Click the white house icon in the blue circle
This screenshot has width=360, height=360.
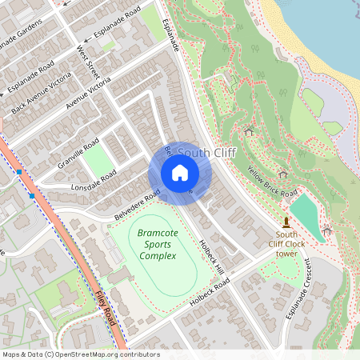click(180, 172)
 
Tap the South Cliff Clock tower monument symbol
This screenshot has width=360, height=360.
click(286, 222)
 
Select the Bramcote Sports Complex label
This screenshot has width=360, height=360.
click(157, 244)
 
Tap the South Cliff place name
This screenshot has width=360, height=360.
click(206, 152)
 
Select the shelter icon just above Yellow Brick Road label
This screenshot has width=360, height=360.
click(282, 173)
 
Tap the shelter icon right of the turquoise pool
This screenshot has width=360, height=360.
click(326, 231)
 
